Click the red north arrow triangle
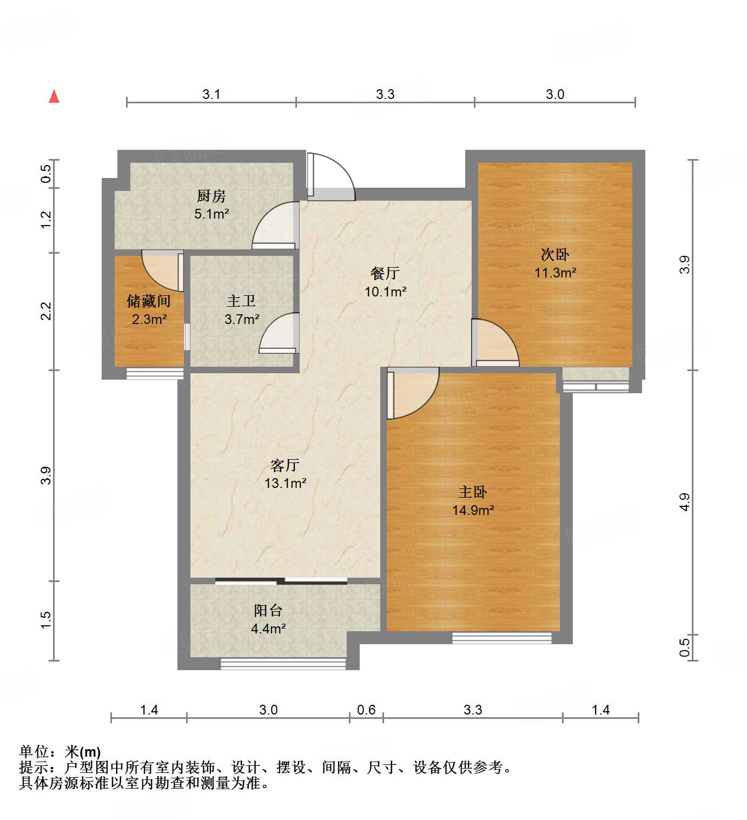pyautogui.click(x=54, y=97)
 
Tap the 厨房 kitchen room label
pyautogui.click(x=211, y=196)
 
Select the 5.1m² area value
pyautogui.click(x=211, y=214)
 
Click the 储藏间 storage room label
pyautogui.click(x=149, y=301)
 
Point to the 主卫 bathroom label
pyautogui.click(x=241, y=301)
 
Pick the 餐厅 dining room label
pyautogui.click(x=385, y=273)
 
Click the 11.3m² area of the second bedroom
pyautogui.click(x=555, y=273)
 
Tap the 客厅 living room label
pyautogui.click(x=285, y=465)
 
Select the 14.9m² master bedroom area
pyautogui.click(x=473, y=510)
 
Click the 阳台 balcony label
pyautogui.click(x=268, y=611)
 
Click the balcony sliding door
pyautogui.click(x=281, y=581)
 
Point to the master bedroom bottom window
pyautogui.click(x=501, y=638)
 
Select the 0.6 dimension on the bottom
pyautogui.click(x=366, y=710)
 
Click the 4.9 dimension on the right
pyautogui.click(x=685, y=502)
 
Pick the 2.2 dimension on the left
pyautogui.click(x=47, y=311)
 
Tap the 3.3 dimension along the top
pyautogui.click(x=385, y=94)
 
